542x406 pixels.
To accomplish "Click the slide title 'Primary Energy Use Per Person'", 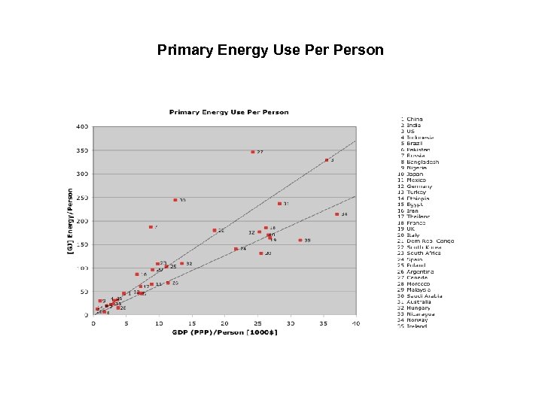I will [270, 50].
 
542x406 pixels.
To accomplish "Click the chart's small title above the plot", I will [228, 112].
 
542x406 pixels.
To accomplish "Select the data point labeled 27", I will [253, 152].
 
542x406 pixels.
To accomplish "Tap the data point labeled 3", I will [327, 160].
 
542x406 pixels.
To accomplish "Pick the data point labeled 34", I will [336, 214].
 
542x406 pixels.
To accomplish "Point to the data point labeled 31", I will [279, 204].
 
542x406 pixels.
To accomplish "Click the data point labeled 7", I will [151, 226].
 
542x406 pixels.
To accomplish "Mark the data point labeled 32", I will [181, 263].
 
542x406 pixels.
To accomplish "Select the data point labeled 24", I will [236, 249].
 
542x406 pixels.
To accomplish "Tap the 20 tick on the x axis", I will [224, 323].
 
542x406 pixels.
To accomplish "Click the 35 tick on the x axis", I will [323, 323].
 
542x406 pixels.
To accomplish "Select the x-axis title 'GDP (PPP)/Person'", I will [224, 332].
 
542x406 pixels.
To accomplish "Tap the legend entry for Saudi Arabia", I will [422, 296].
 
